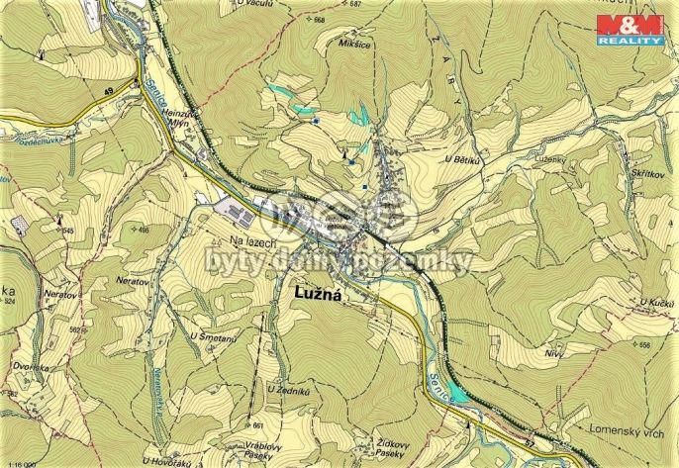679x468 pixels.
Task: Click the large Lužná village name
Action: pyautogui.click(x=317, y=294)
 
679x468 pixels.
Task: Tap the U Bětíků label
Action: pyautogui.click(x=462, y=160)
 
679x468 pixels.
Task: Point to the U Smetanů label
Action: pyautogui.click(x=210, y=339)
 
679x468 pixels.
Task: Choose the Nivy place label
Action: pyautogui.click(x=553, y=352)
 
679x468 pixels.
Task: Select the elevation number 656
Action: pyautogui.click(x=643, y=345)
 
